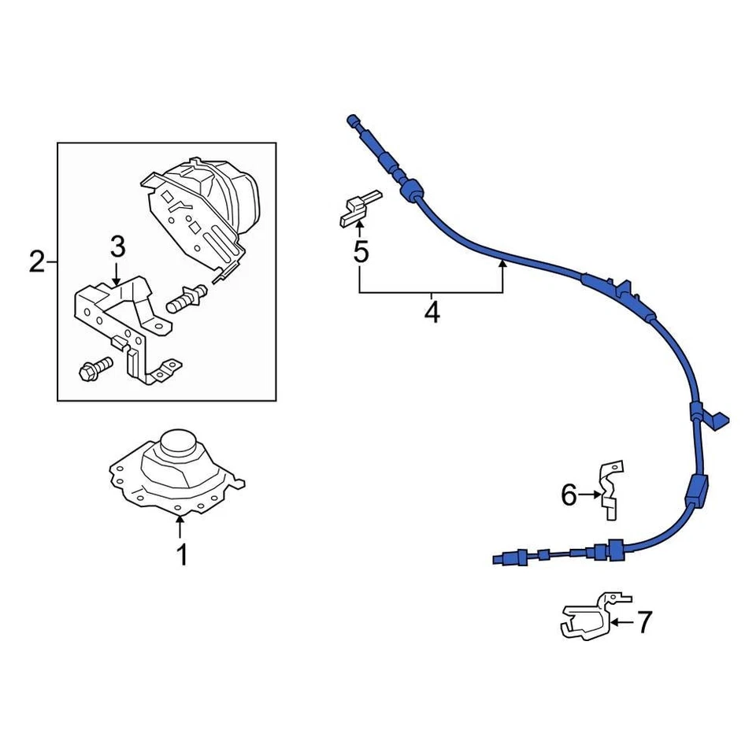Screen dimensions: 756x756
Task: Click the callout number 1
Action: (x=182, y=556)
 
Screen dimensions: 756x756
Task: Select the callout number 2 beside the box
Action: (x=37, y=261)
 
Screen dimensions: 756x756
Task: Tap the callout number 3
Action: (x=117, y=248)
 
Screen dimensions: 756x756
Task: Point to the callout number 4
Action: (x=431, y=313)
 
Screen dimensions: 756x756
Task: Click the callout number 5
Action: (x=361, y=254)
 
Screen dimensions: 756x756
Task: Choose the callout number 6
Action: (x=569, y=495)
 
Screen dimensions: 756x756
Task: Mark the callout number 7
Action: (x=644, y=623)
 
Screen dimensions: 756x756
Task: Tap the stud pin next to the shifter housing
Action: (x=187, y=298)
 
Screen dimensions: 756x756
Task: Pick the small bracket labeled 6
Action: (x=610, y=488)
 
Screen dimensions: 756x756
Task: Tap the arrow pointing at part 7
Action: (x=621, y=622)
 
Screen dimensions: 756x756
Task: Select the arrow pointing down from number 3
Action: (x=117, y=276)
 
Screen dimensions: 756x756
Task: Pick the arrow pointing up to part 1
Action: (x=180, y=528)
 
